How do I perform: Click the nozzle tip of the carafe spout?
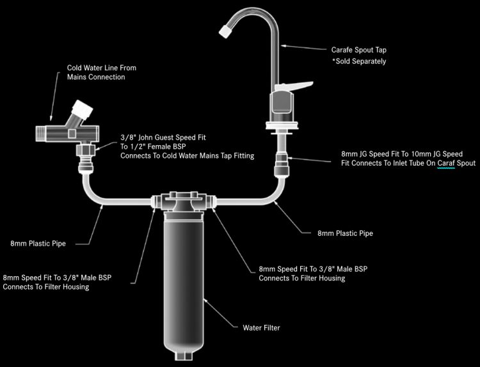click(x=227, y=29)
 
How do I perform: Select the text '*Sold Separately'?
click(x=358, y=61)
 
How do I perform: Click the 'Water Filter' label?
click(x=261, y=328)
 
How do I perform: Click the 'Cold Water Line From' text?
click(x=102, y=68)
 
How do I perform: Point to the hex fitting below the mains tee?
click(x=85, y=151)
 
